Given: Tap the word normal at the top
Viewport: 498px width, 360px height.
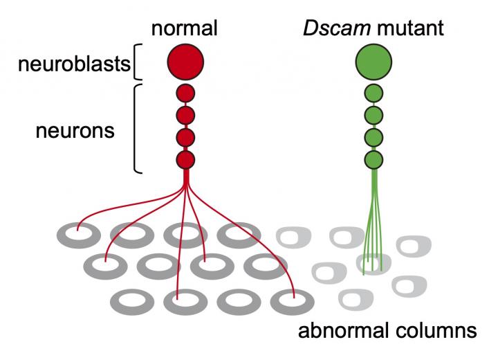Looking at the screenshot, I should [x=185, y=28].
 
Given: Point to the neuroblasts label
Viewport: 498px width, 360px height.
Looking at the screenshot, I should [x=74, y=64].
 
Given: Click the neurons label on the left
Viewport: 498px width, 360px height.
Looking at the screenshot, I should [x=75, y=129].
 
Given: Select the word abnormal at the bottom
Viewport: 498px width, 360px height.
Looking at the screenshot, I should [x=343, y=330].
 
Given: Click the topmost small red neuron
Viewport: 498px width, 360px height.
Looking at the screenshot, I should [x=185, y=93].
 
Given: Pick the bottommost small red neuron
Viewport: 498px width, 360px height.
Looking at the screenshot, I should [x=185, y=160].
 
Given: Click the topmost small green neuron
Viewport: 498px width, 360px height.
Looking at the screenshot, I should [x=373, y=93].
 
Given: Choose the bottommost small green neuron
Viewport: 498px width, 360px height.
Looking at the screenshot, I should [x=373, y=160].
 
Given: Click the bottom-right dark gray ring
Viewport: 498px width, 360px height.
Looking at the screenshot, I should [x=292, y=302].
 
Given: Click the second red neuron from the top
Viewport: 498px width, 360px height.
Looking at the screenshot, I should [x=185, y=115].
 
